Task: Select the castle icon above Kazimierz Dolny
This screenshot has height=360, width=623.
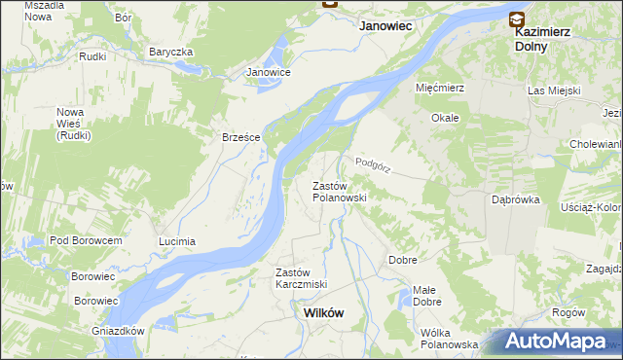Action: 516,18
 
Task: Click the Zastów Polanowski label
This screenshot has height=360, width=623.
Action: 338,191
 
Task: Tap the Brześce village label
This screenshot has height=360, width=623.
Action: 240,137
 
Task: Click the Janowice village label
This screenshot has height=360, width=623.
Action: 269,72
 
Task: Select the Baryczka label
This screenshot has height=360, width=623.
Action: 171,52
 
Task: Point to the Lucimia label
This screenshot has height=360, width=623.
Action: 177,240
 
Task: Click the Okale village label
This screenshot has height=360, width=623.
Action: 445,118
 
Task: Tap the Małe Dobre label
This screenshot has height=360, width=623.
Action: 424,296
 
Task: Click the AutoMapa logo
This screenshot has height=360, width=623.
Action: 559,342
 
